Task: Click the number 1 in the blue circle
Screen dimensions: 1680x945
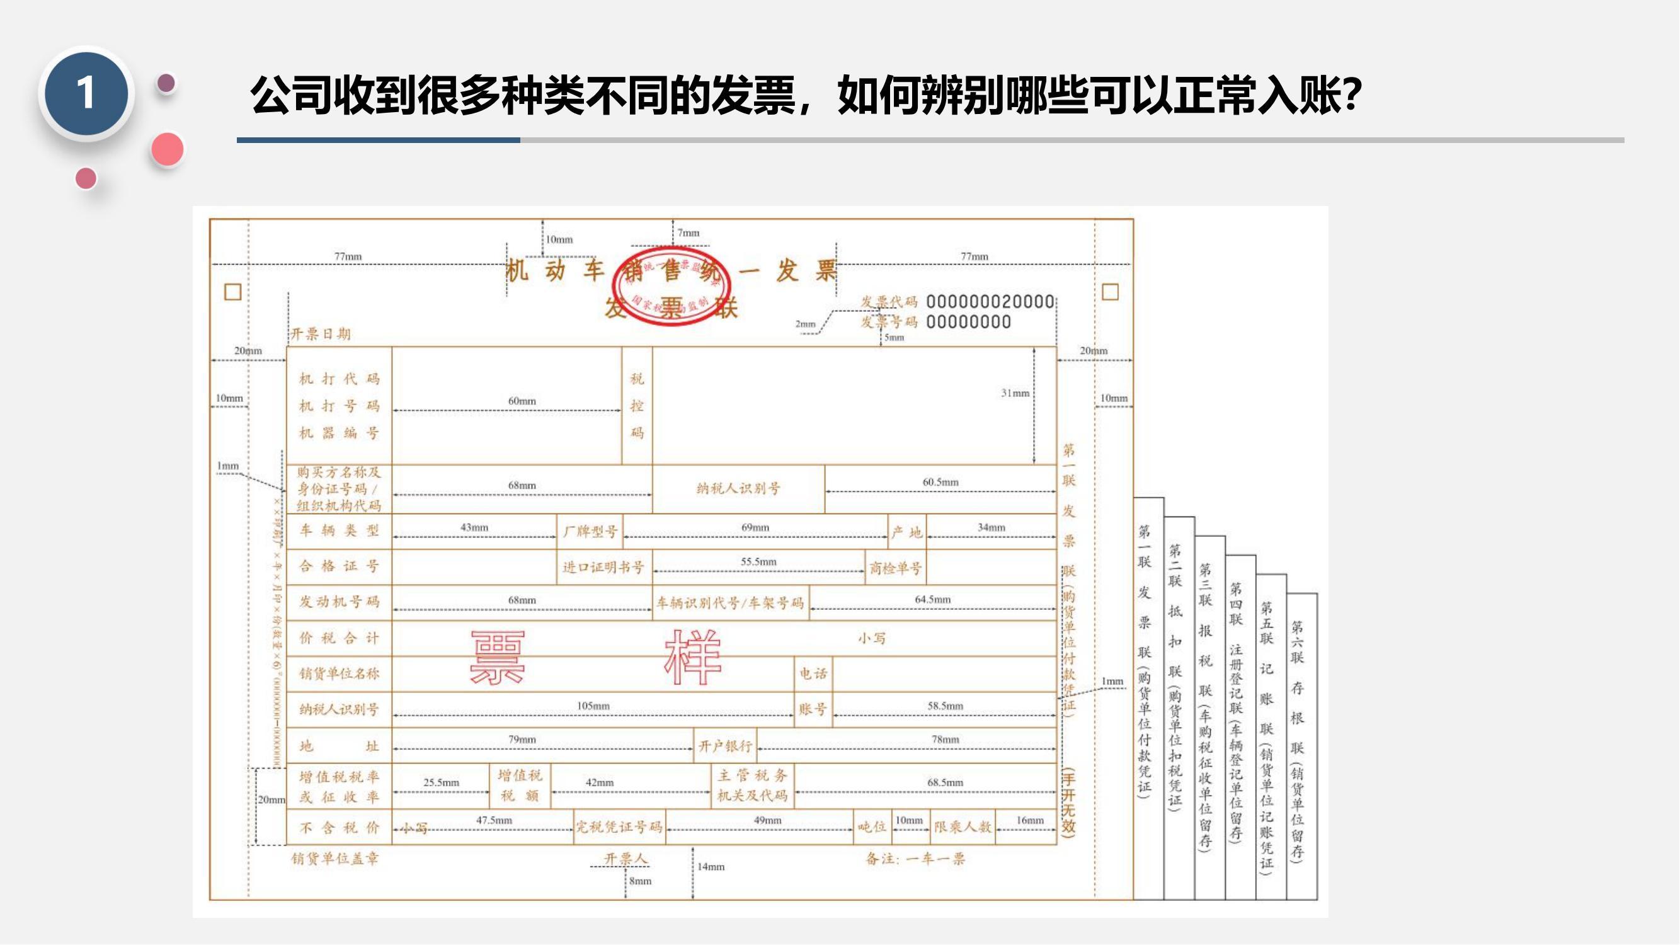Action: point(86,93)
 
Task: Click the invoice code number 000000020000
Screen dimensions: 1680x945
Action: point(990,302)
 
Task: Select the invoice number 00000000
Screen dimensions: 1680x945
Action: point(968,322)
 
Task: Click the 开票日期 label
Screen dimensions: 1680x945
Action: point(320,335)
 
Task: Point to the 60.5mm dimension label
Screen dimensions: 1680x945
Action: point(940,482)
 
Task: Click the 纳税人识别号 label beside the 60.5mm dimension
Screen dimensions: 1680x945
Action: point(738,488)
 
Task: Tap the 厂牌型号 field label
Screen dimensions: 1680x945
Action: point(590,532)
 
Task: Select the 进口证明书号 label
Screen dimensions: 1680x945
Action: point(603,568)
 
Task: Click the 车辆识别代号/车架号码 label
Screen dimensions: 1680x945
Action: point(730,604)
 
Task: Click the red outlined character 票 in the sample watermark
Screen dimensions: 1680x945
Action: point(497,657)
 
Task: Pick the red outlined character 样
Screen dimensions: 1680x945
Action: point(692,657)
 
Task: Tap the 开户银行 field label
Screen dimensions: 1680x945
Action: point(725,746)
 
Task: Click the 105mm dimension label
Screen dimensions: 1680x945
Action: point(593,706)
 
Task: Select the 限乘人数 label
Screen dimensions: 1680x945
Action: point(962,828)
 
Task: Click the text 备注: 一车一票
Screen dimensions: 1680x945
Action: point(915,859)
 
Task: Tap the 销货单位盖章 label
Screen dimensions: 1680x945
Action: point(334,859)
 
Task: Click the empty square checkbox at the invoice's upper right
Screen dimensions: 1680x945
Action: point(1110,292)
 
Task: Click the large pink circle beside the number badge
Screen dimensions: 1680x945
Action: point(168,149)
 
